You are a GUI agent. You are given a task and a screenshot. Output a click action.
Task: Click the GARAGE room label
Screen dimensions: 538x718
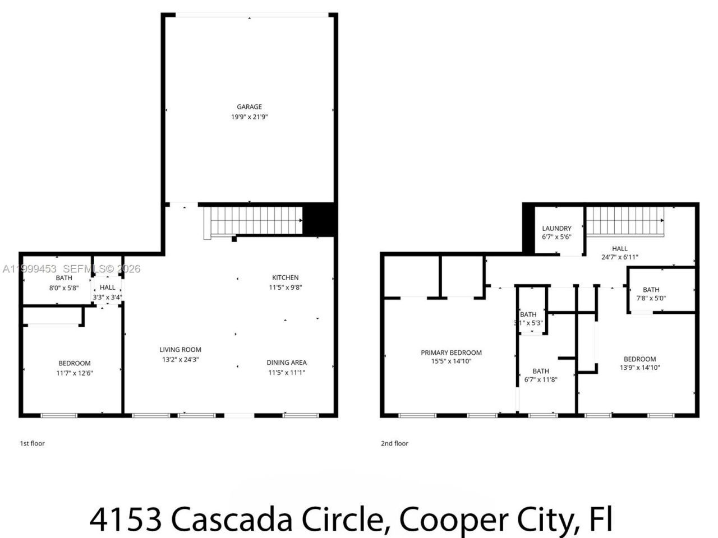point(249,106)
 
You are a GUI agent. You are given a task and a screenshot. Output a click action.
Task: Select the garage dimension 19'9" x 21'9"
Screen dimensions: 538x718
point(249,117)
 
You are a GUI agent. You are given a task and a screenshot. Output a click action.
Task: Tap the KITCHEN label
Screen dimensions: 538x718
point(285,277)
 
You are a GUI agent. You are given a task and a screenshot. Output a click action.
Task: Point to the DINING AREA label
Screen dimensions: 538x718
point(286,363)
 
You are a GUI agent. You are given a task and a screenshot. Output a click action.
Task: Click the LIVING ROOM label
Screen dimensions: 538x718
point(180,350)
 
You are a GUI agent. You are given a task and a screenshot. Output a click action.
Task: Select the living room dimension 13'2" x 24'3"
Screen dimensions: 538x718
point(180,360)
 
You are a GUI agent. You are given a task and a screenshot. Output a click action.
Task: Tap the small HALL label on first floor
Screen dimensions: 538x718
point(108,287)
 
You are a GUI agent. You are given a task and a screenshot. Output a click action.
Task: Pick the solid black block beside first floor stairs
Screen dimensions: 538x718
point(319,219)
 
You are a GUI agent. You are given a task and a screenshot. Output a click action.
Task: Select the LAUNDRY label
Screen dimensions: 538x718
point(556,228)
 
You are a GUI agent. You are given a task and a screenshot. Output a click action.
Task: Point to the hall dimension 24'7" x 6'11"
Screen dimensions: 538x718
point(619,258)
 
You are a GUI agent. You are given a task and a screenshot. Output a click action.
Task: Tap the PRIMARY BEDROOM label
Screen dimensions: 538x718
point(451,353)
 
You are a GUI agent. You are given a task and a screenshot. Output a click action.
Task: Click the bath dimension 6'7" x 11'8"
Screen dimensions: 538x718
point(541,379)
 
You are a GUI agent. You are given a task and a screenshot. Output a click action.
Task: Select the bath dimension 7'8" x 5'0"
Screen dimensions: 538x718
point(651,298)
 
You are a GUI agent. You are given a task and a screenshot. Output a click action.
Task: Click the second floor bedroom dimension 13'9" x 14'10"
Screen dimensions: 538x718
point(639,368)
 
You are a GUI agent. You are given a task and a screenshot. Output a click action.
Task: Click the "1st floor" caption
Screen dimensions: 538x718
point(33,443)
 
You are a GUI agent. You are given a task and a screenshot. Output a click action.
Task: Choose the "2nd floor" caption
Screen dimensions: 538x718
point(394,443)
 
